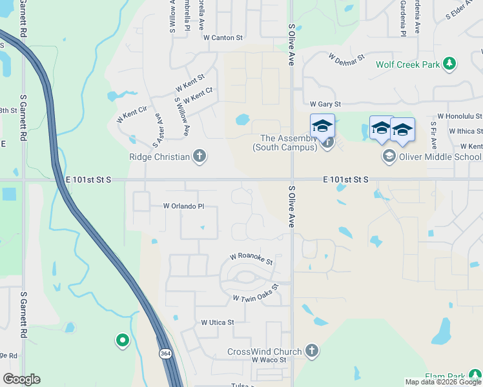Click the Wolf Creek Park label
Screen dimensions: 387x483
(407, 64)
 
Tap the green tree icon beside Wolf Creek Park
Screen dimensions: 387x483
(450, 64)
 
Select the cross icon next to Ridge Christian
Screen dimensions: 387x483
(200, 156)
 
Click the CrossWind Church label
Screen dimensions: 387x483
(264, 352)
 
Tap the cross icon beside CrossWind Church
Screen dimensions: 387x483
(311, 351)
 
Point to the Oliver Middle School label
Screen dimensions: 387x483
(440, 156)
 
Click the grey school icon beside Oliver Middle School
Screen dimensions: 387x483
(389, 155)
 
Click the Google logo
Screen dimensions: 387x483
(21, 379)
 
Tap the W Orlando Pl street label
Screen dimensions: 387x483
(183, 206)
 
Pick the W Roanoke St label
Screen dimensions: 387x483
(252, 259)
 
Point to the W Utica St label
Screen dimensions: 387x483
(217, 322)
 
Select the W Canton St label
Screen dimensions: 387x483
(222, 38)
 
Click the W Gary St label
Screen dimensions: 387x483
(325, 104)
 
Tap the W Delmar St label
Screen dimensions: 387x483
(347, 60)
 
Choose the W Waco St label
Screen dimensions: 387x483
(269, 359)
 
